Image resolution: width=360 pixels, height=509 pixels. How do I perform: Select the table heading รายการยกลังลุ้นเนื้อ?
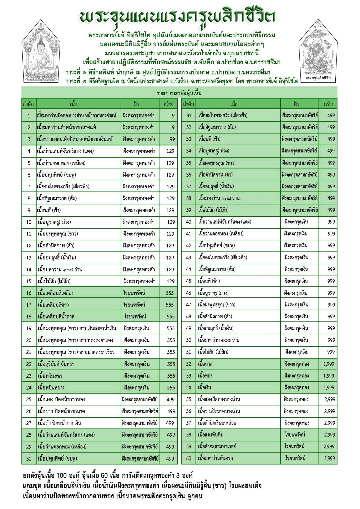[179, 93]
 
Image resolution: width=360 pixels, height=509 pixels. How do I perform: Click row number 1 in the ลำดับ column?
[29, 116]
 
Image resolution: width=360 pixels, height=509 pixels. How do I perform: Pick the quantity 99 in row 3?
[172, 139]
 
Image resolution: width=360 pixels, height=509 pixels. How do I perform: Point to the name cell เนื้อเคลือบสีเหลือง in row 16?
[56, 293]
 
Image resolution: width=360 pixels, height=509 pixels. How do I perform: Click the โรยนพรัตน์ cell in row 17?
[134, 305]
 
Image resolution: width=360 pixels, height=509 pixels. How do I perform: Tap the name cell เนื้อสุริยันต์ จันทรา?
[56, 364]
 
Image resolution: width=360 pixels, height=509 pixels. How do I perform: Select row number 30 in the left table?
[29, 459]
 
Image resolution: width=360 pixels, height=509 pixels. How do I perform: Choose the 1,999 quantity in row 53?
[328, 376]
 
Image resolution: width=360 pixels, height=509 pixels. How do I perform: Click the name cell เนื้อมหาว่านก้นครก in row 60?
[215, 458]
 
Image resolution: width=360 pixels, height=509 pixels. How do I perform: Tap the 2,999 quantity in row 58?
[329, 435]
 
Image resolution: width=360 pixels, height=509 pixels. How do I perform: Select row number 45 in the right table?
[189, 281]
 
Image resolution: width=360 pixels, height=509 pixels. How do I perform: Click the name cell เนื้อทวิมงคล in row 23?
[50, 376]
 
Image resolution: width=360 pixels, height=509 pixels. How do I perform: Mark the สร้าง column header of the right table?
[328, 104]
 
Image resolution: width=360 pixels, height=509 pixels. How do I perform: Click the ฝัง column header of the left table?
[136, 104]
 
